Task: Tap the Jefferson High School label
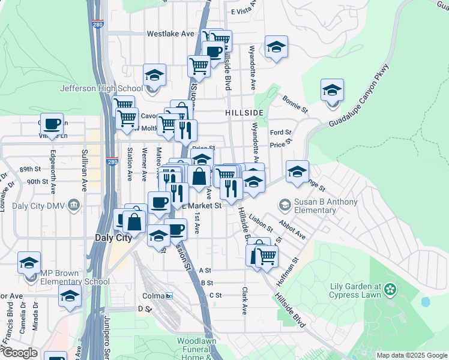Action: (x=101, y=89)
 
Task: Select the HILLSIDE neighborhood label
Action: (x=244, y=113)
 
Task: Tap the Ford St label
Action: (x=280, y=132)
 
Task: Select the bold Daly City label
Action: (x=113, y=238)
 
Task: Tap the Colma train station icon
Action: (x=170, y=296)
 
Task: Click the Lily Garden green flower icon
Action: (x=391, y=290)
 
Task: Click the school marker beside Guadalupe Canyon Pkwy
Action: (x=332, y=91)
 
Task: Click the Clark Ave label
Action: (x=244, y=301)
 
